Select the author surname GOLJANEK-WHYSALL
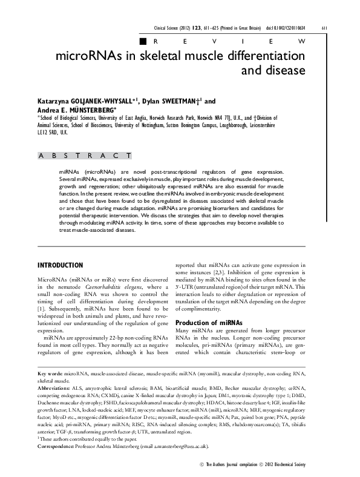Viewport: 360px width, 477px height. click(102, 102)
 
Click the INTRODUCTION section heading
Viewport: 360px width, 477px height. click(60, 265)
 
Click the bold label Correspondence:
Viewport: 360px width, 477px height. click(59, 446)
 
